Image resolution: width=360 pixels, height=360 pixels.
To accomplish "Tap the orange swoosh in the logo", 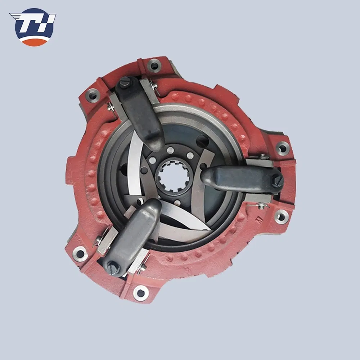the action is pos(33,42).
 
